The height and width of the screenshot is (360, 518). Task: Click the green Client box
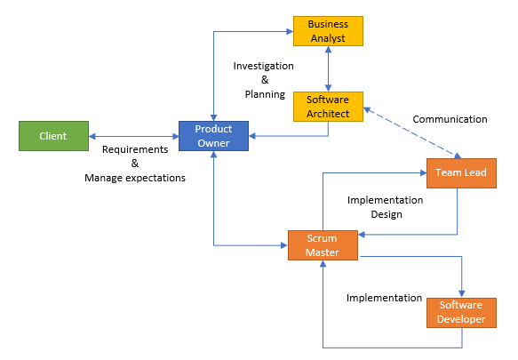click(x=53, y=136)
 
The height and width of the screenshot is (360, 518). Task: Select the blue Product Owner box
click(x=213, y=136)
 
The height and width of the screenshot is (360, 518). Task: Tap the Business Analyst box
click(x=328, y=31)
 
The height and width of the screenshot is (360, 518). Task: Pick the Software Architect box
click(x=328, y=107)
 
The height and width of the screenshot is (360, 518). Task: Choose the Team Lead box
click(x=461, y=173)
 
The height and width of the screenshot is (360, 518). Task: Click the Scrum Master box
click(x=323, y=245)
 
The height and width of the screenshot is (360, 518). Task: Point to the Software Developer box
click(x=461, y=313)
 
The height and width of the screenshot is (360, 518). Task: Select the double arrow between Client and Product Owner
click(x=134, y=136)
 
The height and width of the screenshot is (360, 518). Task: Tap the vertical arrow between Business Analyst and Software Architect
click(x=328, y=68)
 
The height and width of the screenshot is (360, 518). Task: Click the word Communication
click(x=450, y=119)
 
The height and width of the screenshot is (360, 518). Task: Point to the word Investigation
click(x=263, y=66)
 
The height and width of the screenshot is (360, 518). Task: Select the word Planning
click(x=265, y=94)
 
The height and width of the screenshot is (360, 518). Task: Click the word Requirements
click(x=135, y=149)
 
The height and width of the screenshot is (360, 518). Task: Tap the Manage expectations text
click(x=135, y=178)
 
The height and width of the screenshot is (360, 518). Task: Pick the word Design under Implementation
click(x=387, y=214)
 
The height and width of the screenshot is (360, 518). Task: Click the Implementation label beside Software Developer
click(x=384, y=298)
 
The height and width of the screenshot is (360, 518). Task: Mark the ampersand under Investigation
click(x=265, y=80)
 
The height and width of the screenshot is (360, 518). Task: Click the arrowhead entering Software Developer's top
click(x=462, y=294)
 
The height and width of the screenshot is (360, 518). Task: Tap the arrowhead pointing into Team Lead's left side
click(x=423, y=172)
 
